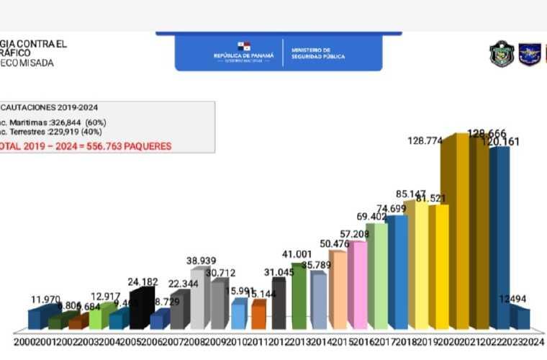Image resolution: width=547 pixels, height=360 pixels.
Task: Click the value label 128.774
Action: click(425, 141)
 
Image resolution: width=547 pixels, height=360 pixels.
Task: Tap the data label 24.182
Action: click(143, 282)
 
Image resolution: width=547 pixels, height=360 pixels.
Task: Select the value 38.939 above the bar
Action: click(202, 261)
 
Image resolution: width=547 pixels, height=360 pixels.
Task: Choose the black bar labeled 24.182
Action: click(142, 308)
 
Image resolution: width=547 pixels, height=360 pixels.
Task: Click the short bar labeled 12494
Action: click(520, 318)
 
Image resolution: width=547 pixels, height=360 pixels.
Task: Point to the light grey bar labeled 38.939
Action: click(199, 298)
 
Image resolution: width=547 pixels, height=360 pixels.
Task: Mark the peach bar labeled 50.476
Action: click(337, 288)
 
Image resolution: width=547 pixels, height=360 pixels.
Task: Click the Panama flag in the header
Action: click(245, 46)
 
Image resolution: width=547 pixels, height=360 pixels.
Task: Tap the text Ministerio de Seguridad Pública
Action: click(317, 53)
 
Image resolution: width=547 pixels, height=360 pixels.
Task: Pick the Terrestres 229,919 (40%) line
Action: click(50, 132)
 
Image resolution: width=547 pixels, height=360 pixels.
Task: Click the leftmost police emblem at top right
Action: click(501, 54)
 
